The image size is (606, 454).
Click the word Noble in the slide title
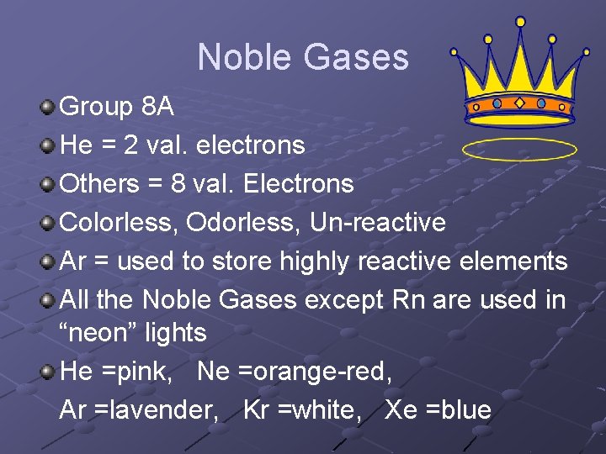[x=244, y=57]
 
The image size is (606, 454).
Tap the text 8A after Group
[x=157, y=107]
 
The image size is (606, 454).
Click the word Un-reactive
[x=378, y=223]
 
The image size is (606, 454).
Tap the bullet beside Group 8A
[x=49, y=107]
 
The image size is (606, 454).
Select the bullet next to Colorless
[x=49, y=223]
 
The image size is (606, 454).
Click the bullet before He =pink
[x=49, y=372]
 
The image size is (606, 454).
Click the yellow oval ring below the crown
[x=519, y=150]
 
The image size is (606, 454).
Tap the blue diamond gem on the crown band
[x=519, y=103]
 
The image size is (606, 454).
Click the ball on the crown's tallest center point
[x=519, y=21]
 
